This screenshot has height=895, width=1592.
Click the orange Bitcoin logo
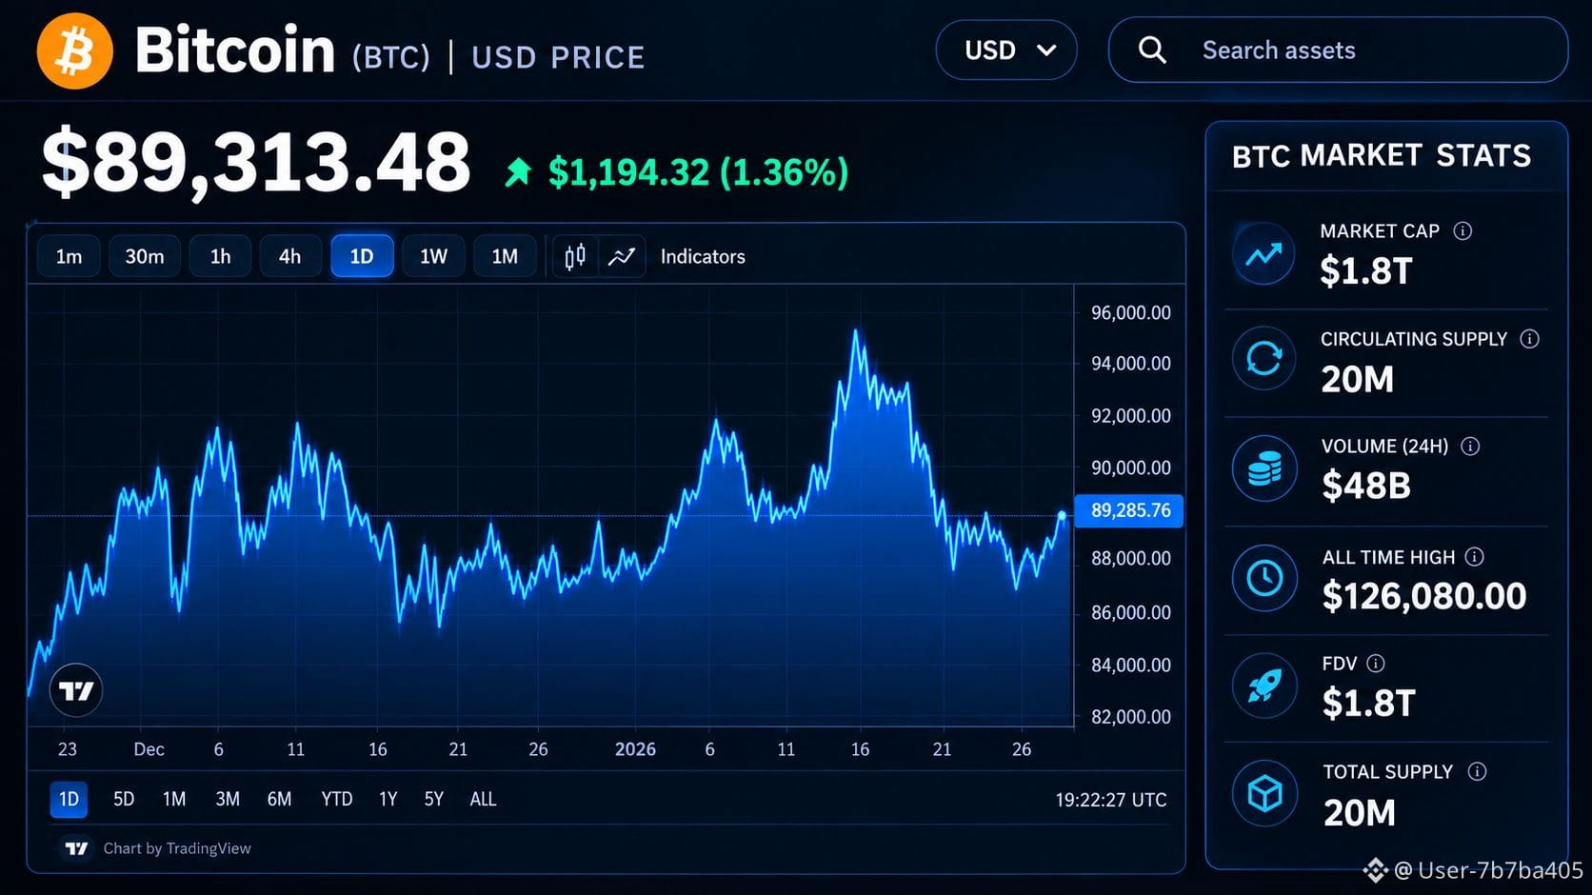point(74,50)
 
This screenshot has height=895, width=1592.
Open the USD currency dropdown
point(1006,50)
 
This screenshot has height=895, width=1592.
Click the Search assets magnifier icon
point(1151,50)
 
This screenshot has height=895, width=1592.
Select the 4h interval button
point(289,256)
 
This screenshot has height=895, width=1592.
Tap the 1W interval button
point(433,256)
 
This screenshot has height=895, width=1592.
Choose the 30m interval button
point(145,256)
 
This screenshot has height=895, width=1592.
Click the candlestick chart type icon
point(575,256)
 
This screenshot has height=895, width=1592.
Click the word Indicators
point(702,257)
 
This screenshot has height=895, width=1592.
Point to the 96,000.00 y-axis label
point(1131,313)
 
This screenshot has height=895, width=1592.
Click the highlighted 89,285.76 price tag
point(1128,510)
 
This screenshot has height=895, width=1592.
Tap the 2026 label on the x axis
point(635,749)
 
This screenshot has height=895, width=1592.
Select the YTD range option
point(336,799)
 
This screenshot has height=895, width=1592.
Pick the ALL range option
point(483,799)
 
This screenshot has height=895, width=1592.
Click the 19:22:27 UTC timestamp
point(1111,800)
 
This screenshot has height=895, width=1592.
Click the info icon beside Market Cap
point(1462,231)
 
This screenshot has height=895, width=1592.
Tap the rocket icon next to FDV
point(1264,686)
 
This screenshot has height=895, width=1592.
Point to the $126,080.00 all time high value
point(1423,596)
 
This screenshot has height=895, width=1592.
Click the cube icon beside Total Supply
point(1265,793)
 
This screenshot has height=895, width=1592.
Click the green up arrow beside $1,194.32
point(518,172)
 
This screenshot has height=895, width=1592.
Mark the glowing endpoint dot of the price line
point(1062,515)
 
